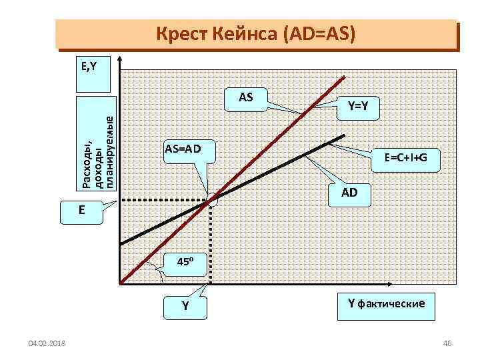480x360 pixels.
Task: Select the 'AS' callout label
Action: point(245,97)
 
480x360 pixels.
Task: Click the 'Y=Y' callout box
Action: point(361,105)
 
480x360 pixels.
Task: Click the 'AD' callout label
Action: point(349,193)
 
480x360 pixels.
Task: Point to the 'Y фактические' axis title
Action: point(385,304)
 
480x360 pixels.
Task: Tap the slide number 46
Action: point(447,343)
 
